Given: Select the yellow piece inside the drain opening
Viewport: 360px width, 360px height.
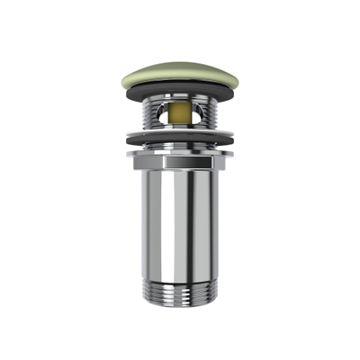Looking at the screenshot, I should pyautogui.click(x=180, y=115).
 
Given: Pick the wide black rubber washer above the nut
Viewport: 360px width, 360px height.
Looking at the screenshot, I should pyautogui.click(x=180, y=139).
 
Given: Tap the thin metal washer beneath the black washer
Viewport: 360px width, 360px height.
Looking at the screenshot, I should pyautogui.click(x=180, y=147).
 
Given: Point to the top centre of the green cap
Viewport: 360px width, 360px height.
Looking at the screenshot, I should pyautogui.click(x=180, y=62).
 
